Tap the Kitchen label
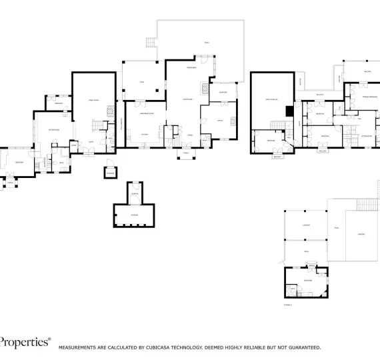(x=143, y=134)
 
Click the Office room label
(x=220, y=120)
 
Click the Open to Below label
(x=271, y=99)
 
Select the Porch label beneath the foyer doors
(x=186, y=153)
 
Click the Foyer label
(x=190, y=135)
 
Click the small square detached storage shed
(x=110, y=172)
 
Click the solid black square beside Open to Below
(x=289, y=111)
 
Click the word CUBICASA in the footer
(x=163, y=347)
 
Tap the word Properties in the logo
(x=25, y=342)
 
